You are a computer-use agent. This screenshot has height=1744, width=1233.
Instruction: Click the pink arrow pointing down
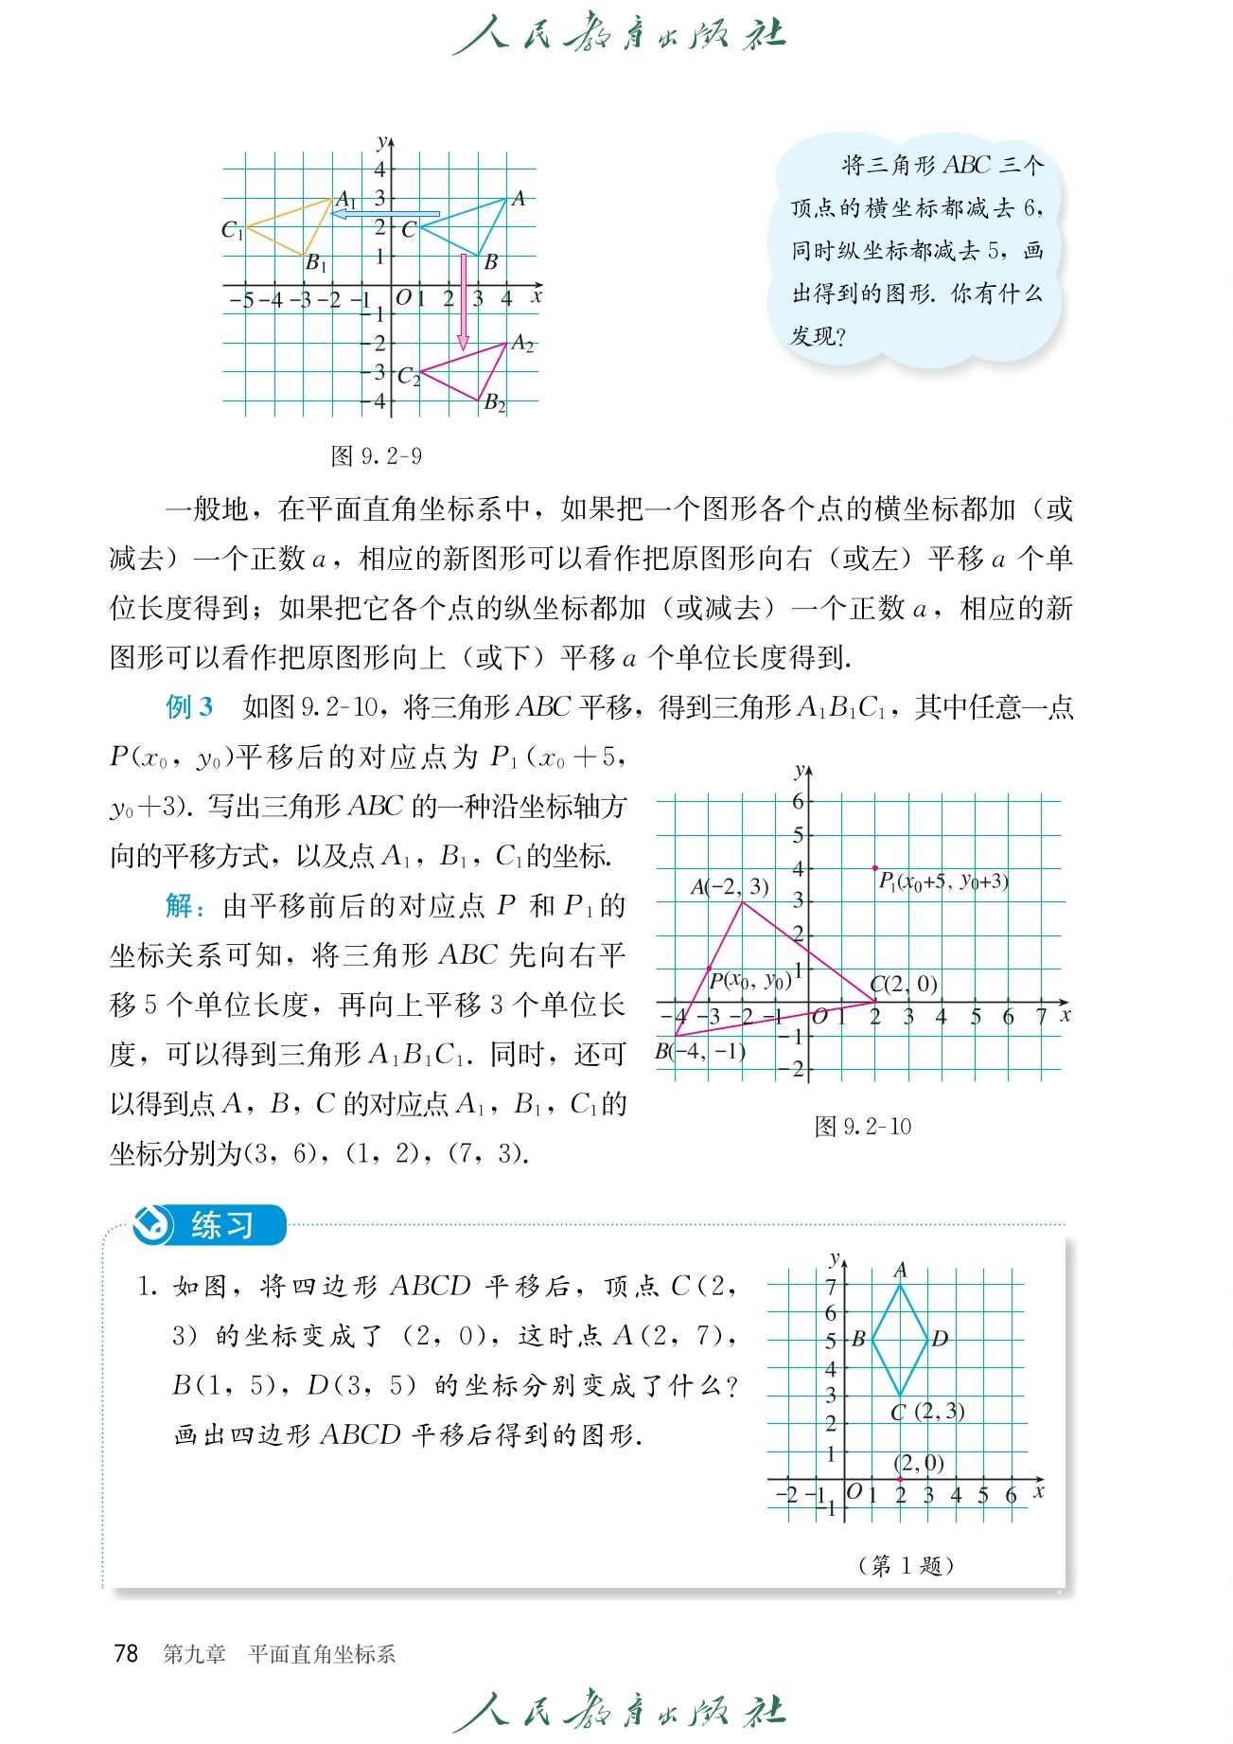coord(463,303)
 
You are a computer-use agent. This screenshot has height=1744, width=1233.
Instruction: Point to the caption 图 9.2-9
coord(376,456)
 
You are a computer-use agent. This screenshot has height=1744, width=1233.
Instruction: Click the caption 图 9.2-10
coord(862,1127)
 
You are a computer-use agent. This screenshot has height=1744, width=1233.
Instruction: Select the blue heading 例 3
coord(189,707)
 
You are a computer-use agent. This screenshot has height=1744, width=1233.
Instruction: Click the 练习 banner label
coord(221,1225)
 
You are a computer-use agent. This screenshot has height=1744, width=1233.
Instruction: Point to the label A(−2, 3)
coord(729,887)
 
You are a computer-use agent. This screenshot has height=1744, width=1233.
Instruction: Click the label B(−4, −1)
coord(700,1051)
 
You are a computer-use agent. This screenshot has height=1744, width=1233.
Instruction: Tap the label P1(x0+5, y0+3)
coord(942,882)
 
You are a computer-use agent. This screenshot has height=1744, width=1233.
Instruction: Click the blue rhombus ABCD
coord(900,1339)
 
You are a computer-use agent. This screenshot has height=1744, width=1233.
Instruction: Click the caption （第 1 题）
coord(905,1565)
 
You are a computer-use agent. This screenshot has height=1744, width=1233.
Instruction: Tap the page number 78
coord(126,1653)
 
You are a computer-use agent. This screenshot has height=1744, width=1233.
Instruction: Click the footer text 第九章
coord(194,1654)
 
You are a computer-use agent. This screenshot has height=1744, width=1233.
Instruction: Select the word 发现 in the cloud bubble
coord(813,336)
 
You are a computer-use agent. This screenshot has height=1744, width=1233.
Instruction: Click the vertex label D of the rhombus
coord(940,1339)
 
